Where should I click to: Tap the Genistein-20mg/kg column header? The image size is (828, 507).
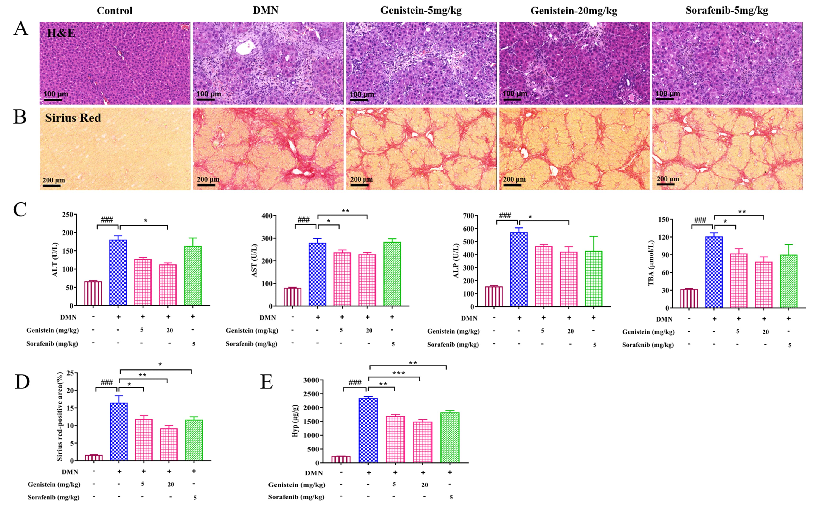tap(574, 11)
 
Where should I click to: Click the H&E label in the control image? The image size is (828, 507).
tap(61, 33)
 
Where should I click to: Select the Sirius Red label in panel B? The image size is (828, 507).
tap(73, 118)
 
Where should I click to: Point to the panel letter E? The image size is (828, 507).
tap(267, 382)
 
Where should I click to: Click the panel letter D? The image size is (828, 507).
tap(22, 382)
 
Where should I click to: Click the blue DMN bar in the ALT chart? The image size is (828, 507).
tap(118, 272)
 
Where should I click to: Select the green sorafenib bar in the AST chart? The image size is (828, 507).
tap(392, 274)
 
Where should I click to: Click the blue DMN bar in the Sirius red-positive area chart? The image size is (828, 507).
tap(119, 431)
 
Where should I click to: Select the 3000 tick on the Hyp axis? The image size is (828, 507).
tap(311, 380)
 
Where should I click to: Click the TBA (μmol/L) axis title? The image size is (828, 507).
tap(651, 263)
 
